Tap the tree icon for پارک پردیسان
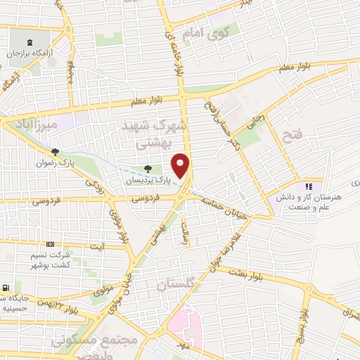point(147,169)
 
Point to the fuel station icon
point(5,288)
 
